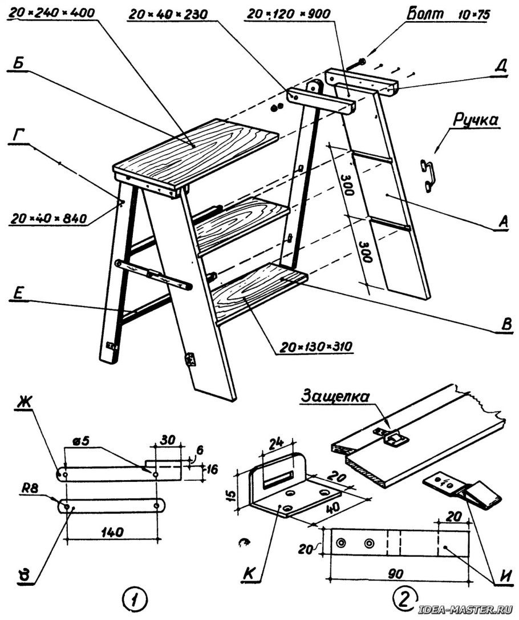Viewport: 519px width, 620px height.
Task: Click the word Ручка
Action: point(476,121)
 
